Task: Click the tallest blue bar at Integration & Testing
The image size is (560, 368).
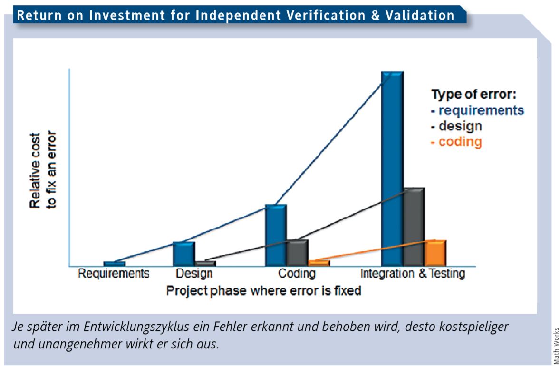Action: point(393,169)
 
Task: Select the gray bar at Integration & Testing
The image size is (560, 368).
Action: point(414,227)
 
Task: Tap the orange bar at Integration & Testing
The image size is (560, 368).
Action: point(435,253)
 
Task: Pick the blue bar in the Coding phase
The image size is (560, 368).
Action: point(276,235)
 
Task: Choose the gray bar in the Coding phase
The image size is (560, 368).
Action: point(298,253)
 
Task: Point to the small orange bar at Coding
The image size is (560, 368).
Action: point(319,263)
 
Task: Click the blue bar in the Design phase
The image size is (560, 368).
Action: point(184,254)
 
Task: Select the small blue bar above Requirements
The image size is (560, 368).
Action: point(114,264)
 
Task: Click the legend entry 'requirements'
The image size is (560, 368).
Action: point(481,110)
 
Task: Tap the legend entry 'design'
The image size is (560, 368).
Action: point(460,126)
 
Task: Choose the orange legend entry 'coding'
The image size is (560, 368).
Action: point(460,141)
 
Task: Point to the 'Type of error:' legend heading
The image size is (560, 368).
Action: point(473,94)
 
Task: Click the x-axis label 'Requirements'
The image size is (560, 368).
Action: point(114,273)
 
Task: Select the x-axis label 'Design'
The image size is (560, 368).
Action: point(194,273)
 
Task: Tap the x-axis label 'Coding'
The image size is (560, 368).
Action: point(297,273)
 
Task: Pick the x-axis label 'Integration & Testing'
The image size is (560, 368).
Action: point(413,273)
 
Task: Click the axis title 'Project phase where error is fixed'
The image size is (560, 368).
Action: point(263,290)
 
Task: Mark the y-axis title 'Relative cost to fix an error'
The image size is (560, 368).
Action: point(43,170)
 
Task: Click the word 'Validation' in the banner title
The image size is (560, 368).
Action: point(420,15)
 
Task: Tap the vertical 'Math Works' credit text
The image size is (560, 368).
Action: point(556,346)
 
